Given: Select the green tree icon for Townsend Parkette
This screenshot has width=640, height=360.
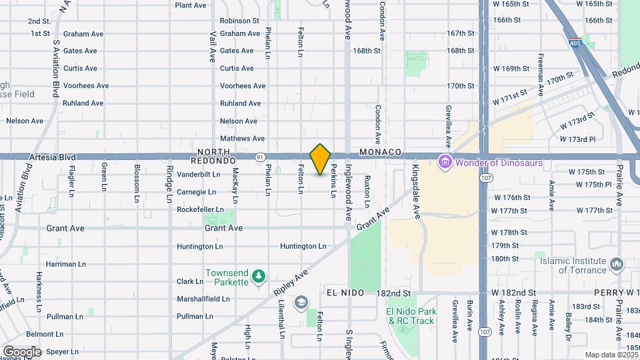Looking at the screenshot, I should [x=259, y=276].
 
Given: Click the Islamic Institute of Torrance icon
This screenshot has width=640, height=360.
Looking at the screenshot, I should [x=617, y=265].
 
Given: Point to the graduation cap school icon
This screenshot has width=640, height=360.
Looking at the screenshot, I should [x=301, y=303].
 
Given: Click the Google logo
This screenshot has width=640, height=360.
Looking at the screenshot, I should [x=22, y=351].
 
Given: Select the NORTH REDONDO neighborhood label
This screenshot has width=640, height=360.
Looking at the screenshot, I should [x=213, y=157].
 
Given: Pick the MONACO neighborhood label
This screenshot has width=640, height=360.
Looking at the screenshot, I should [x=380, y=153].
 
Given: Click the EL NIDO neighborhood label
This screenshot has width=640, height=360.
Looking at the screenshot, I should [x=345, y=293].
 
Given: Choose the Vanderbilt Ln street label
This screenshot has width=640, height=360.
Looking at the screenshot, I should [x=199, y=174].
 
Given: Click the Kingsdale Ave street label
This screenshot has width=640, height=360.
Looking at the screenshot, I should [x=415, y=183].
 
